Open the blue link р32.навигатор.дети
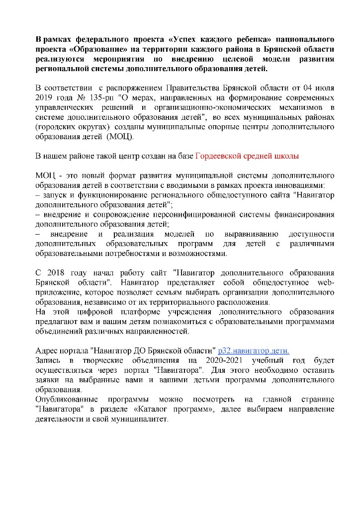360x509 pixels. point(254,350)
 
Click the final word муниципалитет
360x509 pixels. point(141,419)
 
